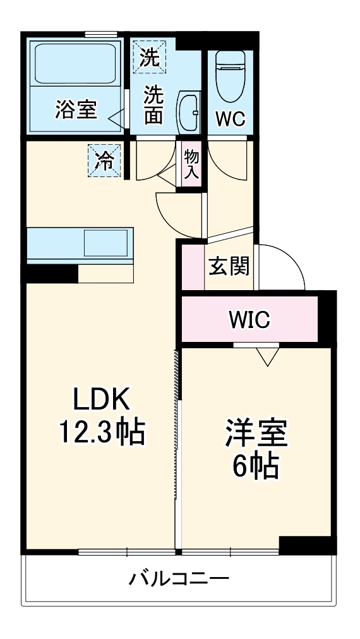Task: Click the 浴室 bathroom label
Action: [76, 109]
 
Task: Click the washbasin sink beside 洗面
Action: [188, 110]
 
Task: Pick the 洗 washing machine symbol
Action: [150, 58]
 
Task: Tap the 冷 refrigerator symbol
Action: [103, 161]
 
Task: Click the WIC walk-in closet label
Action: [249, 320]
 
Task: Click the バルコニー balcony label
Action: [179, 578]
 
